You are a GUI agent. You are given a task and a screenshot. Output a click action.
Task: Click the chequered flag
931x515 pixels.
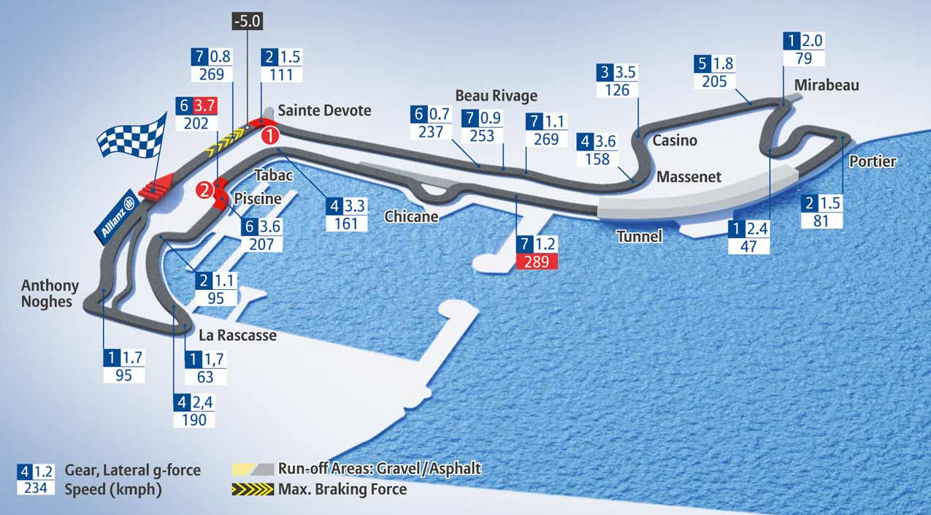pos(132,139)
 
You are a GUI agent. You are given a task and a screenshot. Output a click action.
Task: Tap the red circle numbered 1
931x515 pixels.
pos(270,135)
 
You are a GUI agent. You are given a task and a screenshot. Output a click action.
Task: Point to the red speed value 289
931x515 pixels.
pos(537,262)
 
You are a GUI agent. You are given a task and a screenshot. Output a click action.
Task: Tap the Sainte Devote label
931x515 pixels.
pos(325,110)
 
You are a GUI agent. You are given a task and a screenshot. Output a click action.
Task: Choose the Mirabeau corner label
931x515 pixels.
pos(827,85)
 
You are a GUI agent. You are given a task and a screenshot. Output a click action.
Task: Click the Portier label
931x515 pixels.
pos(873,161)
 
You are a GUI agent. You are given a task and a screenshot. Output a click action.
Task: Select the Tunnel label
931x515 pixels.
pos(639,236)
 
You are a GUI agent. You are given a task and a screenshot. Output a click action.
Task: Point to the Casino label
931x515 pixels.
pos(675,140)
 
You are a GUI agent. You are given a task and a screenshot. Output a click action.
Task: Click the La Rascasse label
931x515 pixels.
pos(238,335)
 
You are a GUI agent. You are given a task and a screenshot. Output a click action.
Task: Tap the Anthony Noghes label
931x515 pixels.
pos(50,292)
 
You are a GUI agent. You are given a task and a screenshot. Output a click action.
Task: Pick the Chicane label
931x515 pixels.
pos(411,216)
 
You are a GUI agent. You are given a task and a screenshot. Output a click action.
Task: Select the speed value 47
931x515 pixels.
pos(748,246)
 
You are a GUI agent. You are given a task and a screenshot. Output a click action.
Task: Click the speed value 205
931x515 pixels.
pos(714,81)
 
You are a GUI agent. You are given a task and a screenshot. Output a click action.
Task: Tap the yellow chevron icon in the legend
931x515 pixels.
pos(253,489)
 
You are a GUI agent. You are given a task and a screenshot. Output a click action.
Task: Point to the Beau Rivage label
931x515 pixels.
pos(496,96)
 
